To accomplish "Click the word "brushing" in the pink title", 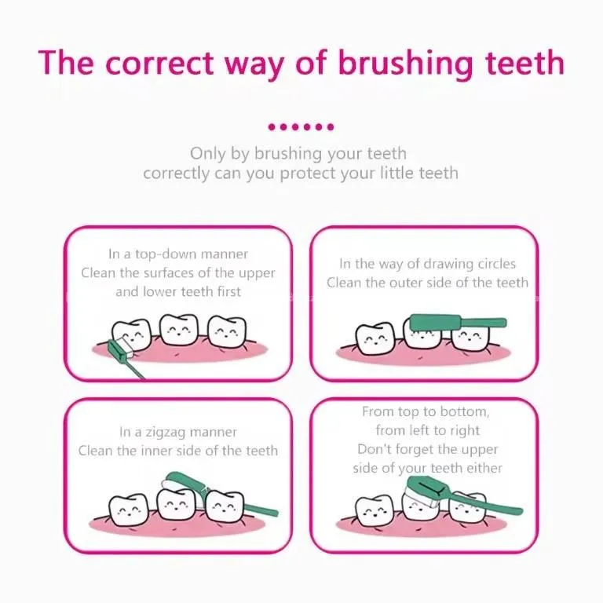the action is tap(405, 64).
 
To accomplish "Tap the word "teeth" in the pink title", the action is tap(525, 62).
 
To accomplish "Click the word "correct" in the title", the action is tap(159, 64).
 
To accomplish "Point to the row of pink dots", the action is tap(301, 127).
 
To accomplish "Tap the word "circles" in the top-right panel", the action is tap(496, 264).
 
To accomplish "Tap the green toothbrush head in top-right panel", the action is tap(435, 322).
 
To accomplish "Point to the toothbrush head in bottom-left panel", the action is tap(181, 481).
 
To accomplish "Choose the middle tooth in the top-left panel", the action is tap(179, 329).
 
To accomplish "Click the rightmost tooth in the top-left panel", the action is tap(227, 331).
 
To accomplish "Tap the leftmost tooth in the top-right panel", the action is tap(375, 338).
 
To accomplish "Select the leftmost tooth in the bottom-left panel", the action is tap(128, 510).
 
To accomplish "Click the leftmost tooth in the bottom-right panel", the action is tap(375, 510).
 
